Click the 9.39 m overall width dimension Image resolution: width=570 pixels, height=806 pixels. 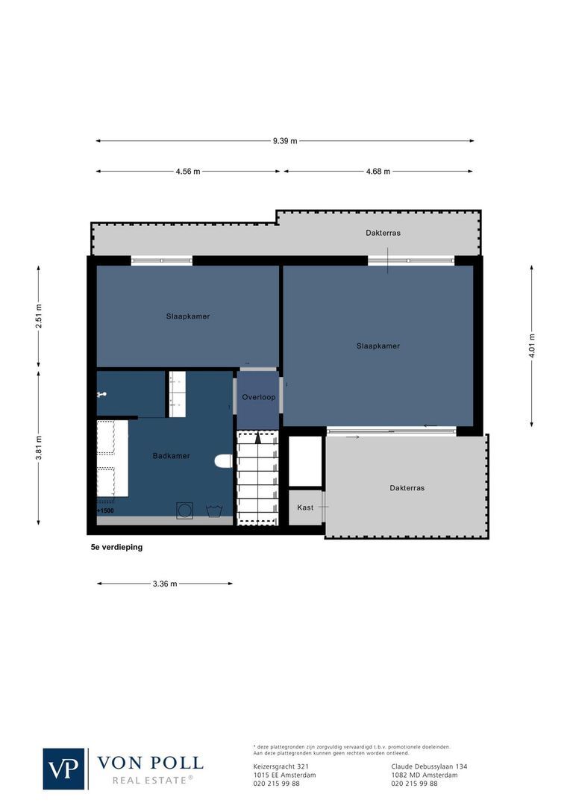coord(284,140)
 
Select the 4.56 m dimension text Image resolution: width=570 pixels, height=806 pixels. coord(188,171)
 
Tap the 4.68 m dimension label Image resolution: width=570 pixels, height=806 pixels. coord(378,171)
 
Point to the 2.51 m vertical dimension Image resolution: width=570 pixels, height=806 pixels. coord(39,316)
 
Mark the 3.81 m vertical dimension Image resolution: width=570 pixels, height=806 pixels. coord(39,448)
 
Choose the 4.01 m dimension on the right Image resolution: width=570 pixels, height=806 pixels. coord(532,346)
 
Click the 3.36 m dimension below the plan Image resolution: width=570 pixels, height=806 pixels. coord(165,584)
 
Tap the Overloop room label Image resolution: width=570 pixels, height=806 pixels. coord(258,397)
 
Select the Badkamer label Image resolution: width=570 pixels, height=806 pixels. coord(171,455)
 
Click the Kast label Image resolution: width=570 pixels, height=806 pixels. coord(305,507)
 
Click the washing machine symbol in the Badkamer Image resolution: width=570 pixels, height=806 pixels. coord(184,510)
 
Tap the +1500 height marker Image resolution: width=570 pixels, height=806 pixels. coord(105,510)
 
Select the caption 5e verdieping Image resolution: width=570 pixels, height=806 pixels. coord(116,547)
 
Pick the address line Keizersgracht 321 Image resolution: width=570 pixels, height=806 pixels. coord(281,766)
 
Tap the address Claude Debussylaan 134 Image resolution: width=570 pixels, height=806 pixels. coord(429,766)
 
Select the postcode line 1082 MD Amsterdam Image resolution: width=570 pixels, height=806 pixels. coord(424,775)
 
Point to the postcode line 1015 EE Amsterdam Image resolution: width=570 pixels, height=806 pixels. coord(285,775)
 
